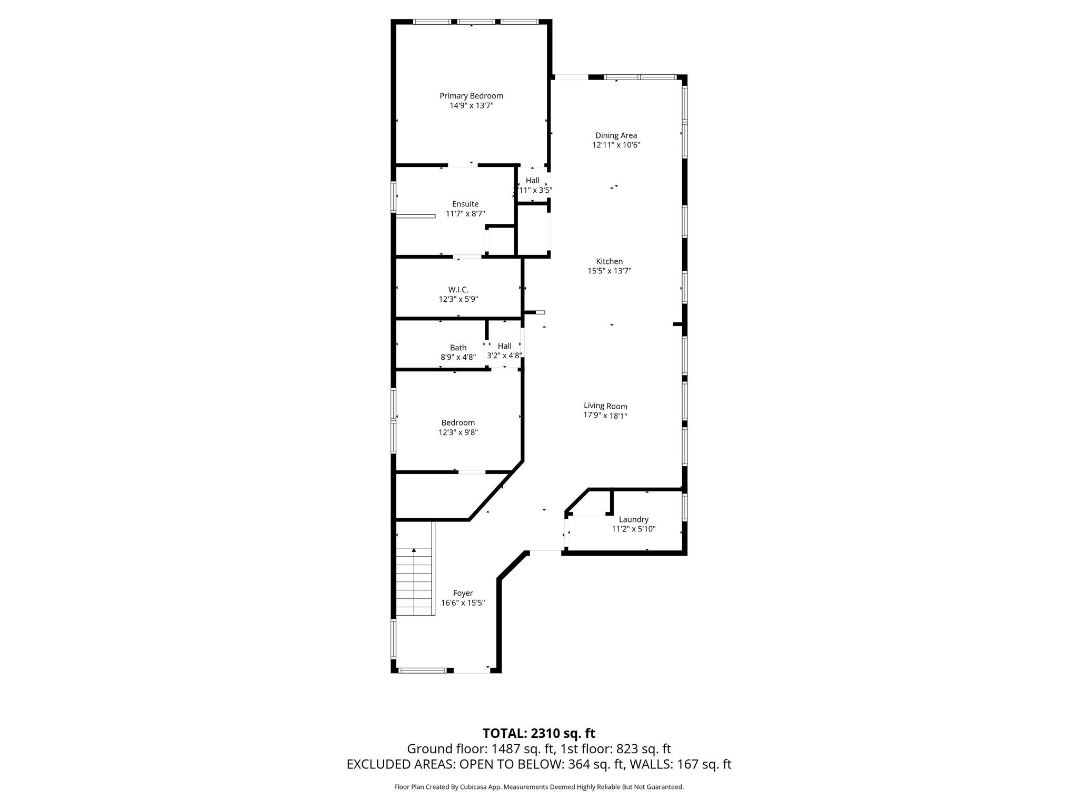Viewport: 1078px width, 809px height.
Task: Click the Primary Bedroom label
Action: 471,96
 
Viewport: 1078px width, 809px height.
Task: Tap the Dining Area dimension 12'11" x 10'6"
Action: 616,145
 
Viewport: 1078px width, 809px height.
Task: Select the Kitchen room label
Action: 609,261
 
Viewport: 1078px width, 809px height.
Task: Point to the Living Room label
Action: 605,406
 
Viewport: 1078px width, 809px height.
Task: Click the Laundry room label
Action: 633,519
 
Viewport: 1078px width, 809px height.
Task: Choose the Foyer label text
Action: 463,593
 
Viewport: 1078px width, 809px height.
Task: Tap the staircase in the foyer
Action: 414,581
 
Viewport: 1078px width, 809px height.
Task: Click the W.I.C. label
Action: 458,290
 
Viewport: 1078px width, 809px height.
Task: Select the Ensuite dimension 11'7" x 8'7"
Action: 465,214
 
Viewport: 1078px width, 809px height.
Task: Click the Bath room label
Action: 458,348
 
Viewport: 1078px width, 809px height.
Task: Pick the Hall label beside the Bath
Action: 504,346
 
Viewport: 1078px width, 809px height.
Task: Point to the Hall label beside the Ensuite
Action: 532,181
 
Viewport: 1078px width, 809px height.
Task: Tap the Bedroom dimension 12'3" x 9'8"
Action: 458,432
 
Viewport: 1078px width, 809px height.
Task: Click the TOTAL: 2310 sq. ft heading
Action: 539,733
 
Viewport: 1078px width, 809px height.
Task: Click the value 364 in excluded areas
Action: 579,765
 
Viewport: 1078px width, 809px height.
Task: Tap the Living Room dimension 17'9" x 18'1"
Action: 605,416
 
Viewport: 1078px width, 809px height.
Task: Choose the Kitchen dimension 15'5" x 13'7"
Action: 609,271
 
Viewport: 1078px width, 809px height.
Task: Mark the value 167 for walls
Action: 687,765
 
